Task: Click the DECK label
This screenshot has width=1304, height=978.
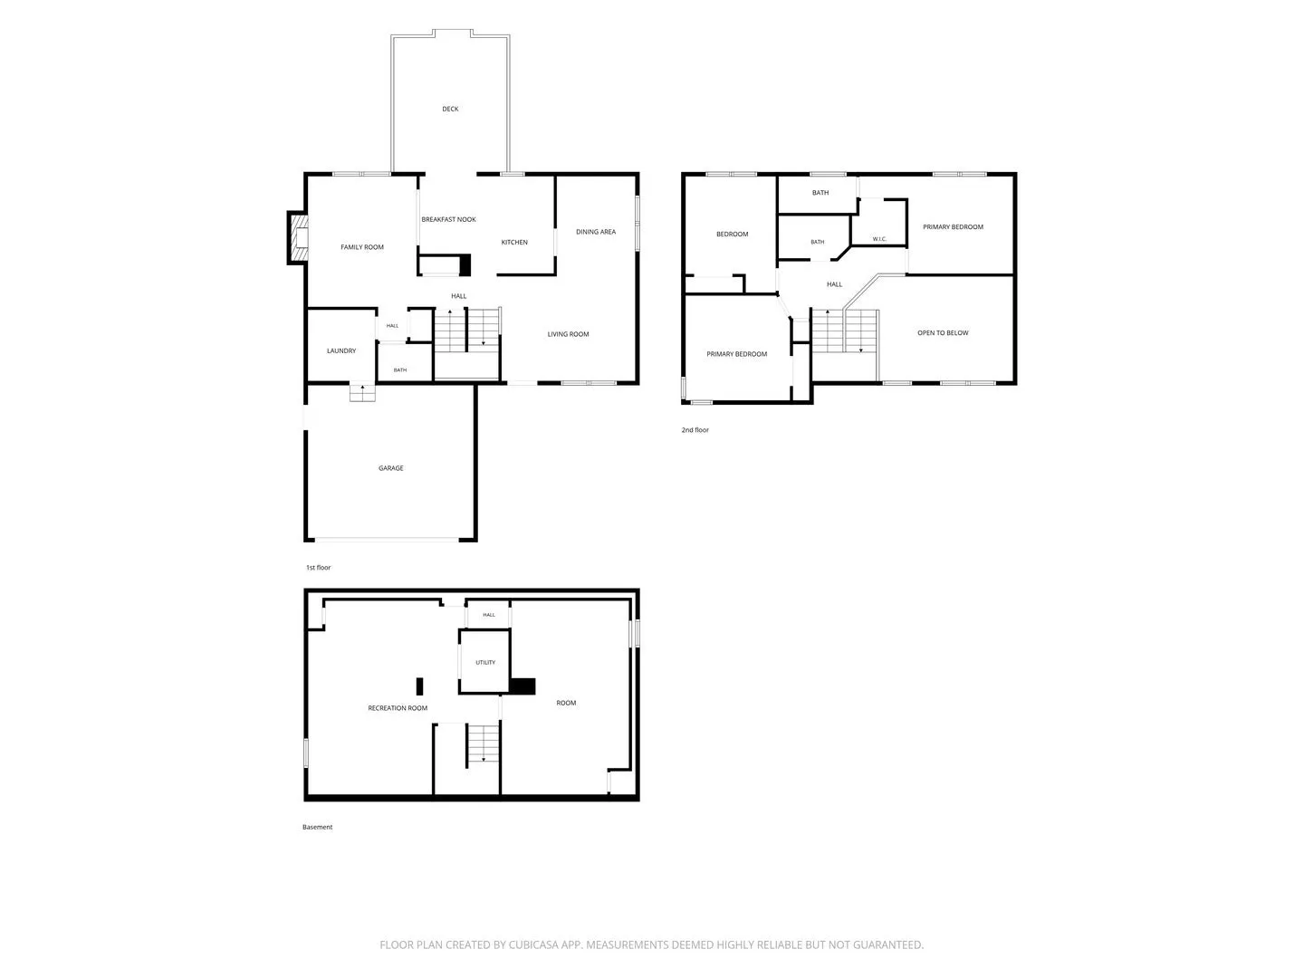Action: tap(450, 109)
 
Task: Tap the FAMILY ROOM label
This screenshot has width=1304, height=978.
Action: tap(362, 247)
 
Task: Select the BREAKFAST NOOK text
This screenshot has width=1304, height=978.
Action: tap(448, 219)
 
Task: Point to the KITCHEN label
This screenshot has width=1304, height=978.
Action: tap(513, 243)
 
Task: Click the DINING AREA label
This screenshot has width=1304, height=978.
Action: tap(595, 232)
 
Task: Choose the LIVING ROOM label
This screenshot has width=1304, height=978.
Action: tap(568, 334)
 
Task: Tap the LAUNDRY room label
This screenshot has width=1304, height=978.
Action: tap(341, 351)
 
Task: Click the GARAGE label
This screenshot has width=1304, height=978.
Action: tap(391, 468)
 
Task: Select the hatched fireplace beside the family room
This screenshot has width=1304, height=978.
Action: tap(298, 237)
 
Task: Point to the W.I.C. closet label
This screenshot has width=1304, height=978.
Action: tap(879, 239)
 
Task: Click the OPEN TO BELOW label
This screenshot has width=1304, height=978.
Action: tap(942, 333)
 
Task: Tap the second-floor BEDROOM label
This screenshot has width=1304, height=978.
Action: tap(732, 234)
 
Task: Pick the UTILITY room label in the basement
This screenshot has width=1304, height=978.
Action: tap(484, 662)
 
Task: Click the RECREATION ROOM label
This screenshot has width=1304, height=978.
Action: tap(398, 708)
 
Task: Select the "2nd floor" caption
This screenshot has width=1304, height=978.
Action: tap(695, 430)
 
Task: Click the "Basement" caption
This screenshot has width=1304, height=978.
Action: tap(317, 827)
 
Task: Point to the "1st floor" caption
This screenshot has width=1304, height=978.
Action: tap(318, 568)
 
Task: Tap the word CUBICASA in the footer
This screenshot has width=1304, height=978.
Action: tap(533, 944)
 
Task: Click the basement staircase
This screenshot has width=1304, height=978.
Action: tap(483, 744)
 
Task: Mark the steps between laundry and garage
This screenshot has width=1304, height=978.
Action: tap(362, 392)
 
